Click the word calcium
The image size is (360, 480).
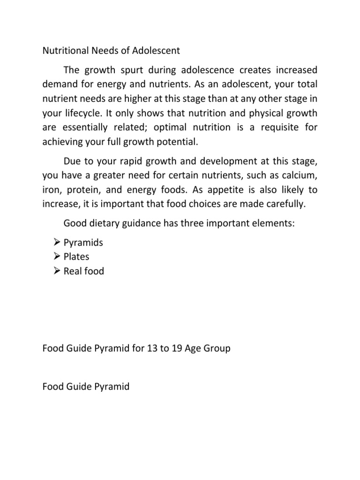coord(300,175)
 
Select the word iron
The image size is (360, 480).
coord(51,189)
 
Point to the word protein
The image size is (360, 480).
coord(83,189)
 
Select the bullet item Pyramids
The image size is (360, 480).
coord(83,243)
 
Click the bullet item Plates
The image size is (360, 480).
coord(76,257)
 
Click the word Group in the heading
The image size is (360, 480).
coord(216,350)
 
